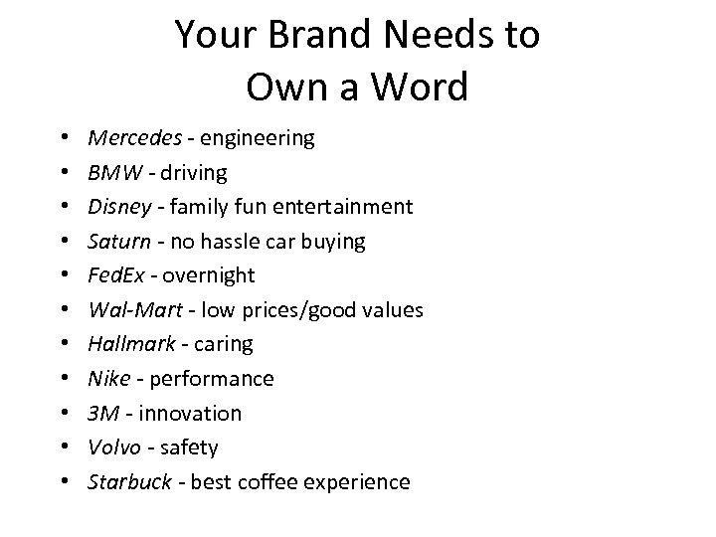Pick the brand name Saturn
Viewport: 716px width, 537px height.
[x=118, y=241]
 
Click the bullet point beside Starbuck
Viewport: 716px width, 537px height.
[x=65, y=482]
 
